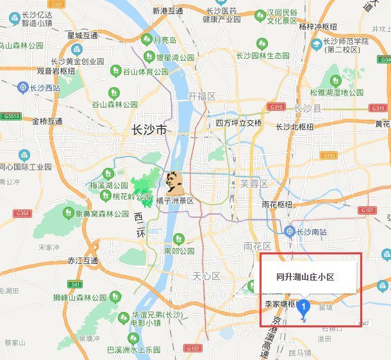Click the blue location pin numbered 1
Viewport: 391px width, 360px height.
pyautogui.click(x=304, y=309)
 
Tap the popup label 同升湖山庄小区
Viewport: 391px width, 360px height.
pyautogui.click(x=305, y=277)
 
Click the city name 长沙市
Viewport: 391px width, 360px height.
pyautogui.click(x=149, y=130)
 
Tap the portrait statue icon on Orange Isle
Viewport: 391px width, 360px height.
pyautogui.click(x=172, y=181)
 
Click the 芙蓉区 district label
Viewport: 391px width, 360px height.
pyautogui.click(x=253, y=183)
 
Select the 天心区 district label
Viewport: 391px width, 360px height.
pyautogui.click(x=206, y=276)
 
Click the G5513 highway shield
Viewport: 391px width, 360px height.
pyautogui.click(x=11, y=117)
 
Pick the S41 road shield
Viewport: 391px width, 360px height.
pyautogui.click(x=76, y=284)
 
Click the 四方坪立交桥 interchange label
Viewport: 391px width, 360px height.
pyautogui.click(x=238, y=123)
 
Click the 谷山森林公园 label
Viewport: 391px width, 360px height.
pyautogui.click(x=115, y=104)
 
